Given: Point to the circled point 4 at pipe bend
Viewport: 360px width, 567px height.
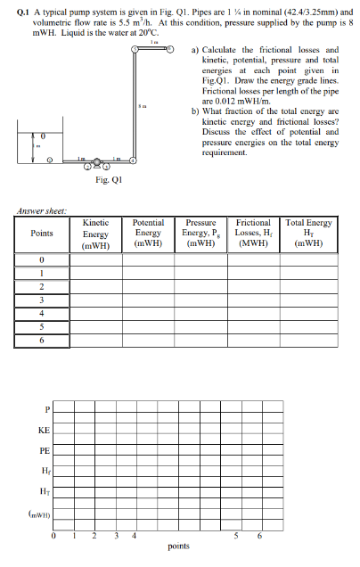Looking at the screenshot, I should (134, 161).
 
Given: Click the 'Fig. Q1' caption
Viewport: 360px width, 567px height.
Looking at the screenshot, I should (109, 177).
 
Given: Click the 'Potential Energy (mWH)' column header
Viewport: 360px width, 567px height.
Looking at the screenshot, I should (147, 234).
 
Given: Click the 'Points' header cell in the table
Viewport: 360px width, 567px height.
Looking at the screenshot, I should (41, 234).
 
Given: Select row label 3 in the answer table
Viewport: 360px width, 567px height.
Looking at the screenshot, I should (41, 300).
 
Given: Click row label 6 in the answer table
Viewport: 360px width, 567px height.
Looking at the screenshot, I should (41, 340).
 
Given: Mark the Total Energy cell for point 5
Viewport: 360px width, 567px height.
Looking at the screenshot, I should (307, 326).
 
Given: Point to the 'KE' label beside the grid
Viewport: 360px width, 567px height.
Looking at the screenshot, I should (43, 431).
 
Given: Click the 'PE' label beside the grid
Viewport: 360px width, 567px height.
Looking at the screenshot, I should (43, 453).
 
